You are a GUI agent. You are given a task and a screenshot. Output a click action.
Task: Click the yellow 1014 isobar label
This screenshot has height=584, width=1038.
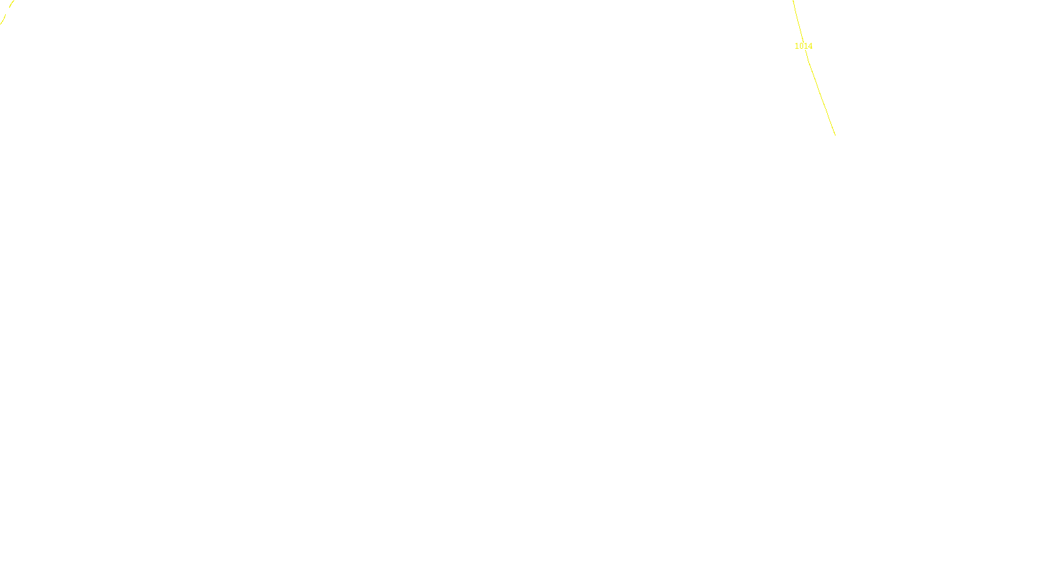pos(803,46)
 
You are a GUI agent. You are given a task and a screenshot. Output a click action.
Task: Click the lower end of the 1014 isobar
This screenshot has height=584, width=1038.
pos(834,134)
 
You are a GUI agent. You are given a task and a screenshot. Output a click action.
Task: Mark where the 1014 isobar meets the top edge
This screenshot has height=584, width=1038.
pos(793,1)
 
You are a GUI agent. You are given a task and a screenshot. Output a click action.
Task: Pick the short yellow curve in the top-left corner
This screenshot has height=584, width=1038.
pos(6,13)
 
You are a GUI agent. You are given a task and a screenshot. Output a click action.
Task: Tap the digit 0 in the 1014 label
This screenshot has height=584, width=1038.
pos(801,46)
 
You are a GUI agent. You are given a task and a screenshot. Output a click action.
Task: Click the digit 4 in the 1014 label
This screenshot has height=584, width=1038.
pos(810,46)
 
